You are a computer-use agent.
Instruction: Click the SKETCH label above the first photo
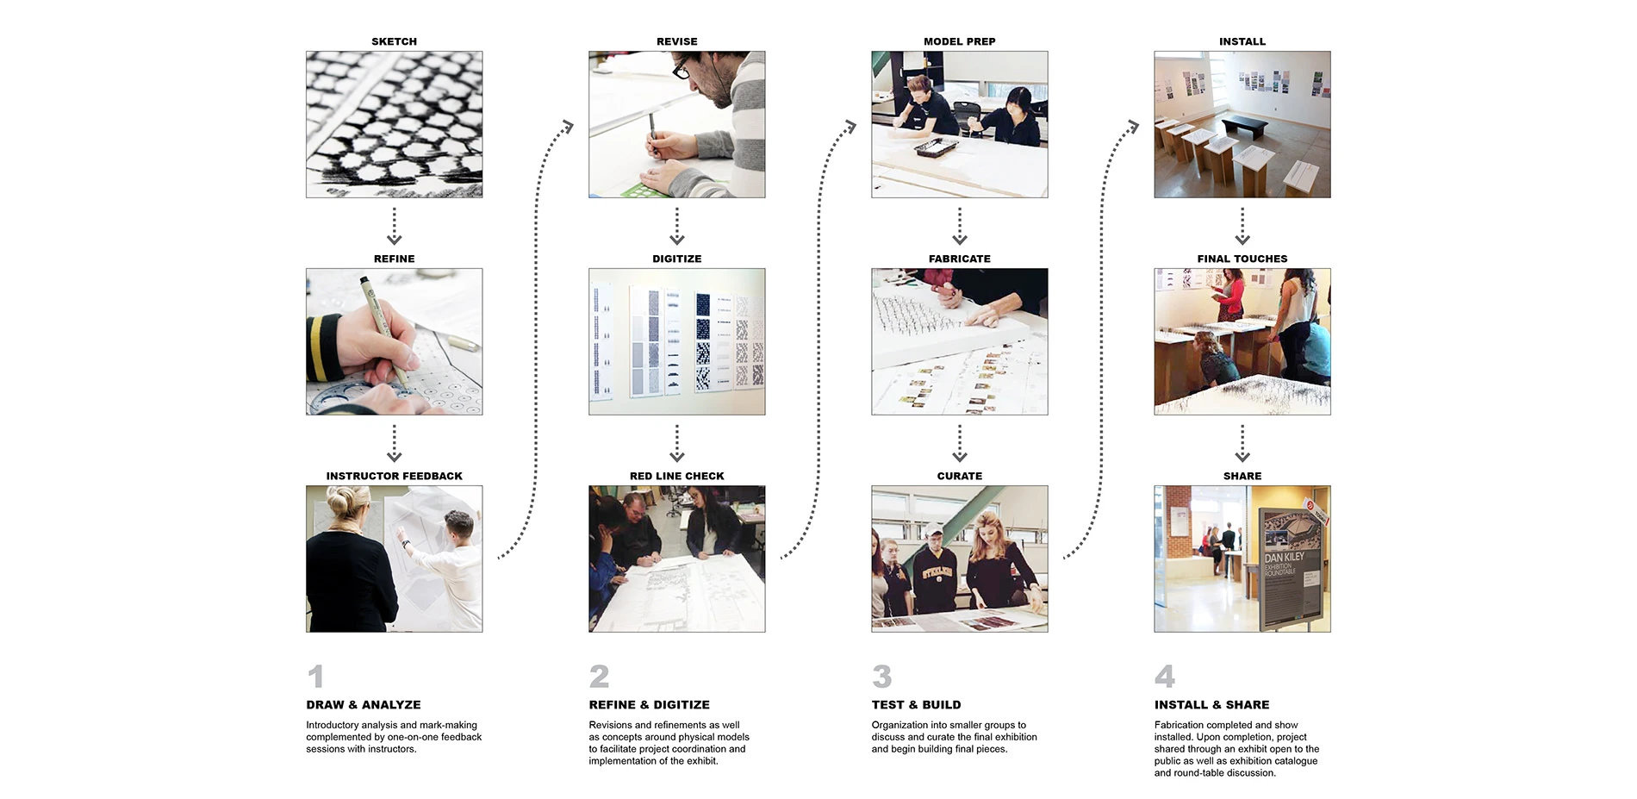coord(394,41)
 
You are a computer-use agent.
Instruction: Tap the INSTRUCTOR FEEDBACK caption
coord(394,476)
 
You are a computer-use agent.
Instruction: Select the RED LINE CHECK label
coord(676,476)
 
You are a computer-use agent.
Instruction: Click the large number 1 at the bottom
coord(316,676)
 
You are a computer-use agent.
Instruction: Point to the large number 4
coord(1164,676)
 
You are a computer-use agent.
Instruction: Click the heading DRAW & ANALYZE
coord(364,704)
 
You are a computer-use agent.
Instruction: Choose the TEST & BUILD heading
coord(916,704)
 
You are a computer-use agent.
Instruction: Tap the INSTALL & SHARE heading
coord(1211,704)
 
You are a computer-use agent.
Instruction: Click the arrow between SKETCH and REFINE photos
coord(395,226)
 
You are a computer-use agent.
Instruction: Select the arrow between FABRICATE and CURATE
coord(960,443)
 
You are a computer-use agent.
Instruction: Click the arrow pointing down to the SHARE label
coord(1242,443)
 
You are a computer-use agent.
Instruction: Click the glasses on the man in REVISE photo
coord(682,68)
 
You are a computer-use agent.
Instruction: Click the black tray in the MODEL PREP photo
coord(935,149)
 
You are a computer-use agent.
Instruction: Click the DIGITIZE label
coord(676,259)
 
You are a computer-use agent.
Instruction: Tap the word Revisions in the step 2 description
coord(609,725)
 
